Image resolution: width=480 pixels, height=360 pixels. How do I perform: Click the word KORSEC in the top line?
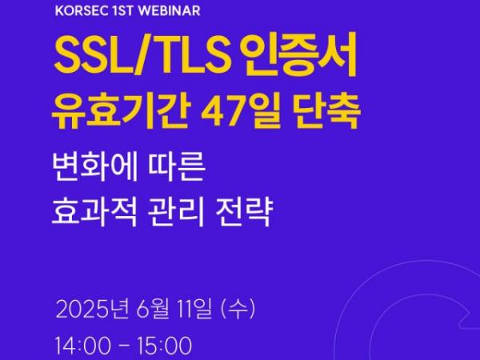tap(82, 11)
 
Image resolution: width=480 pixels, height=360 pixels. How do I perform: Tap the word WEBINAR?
tap(170, 11)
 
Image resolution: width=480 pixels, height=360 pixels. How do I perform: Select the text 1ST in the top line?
tap(123, 11)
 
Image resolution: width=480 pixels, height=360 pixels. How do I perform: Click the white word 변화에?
tap(95, 167)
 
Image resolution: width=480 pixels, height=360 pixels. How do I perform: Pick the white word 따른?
tap(176, 167)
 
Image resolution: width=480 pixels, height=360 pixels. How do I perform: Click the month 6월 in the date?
tap(153, 309)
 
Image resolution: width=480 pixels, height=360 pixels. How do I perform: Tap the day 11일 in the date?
tap(196, 309)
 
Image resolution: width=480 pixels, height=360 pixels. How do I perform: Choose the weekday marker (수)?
tap(238, 309)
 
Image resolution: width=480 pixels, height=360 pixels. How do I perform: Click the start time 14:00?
tap(83, 346)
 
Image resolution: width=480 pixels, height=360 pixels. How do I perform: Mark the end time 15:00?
tap(164, 346)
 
